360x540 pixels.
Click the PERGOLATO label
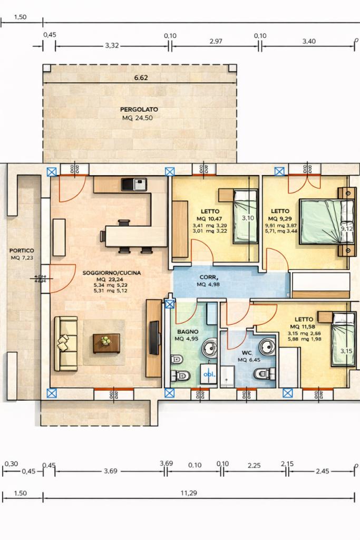click(139, 109)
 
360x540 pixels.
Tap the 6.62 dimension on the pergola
click(141, 78)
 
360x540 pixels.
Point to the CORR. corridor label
click(209, 277)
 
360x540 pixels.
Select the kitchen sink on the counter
click(134, 184)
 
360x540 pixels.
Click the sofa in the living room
click(66, 343)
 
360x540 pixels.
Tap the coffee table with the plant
click(106, 343)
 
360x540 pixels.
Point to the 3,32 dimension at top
click(111, 45)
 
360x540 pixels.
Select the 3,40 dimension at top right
click(309, 41)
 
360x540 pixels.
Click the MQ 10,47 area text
click(210, 218)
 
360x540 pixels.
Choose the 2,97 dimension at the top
click(215, 41)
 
